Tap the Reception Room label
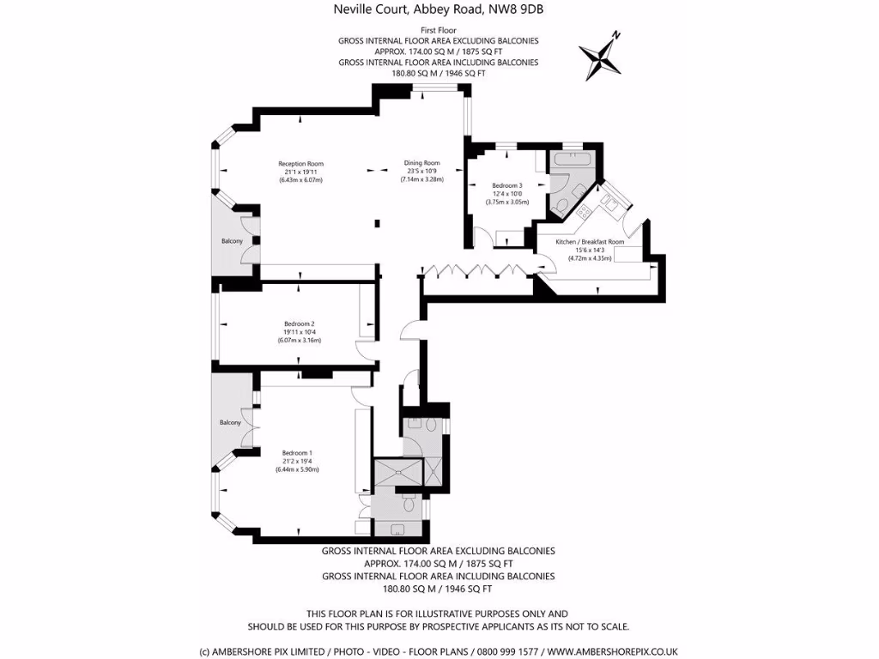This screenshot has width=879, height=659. point(300,164)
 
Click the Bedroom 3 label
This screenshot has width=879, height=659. point(507,185)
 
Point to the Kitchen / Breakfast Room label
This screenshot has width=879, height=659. point(590,242)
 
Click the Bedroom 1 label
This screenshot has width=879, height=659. point(297,453)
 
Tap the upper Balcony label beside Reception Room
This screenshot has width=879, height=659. point(232,241)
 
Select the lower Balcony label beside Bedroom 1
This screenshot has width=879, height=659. point(229,423)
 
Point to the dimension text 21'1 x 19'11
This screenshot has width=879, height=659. point(300,172)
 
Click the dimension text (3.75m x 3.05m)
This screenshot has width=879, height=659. point(507,203)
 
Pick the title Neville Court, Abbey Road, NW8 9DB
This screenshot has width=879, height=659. point(439,10)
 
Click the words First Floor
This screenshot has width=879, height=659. point(439,30)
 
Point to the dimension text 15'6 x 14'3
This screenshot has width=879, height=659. point(590,251)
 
